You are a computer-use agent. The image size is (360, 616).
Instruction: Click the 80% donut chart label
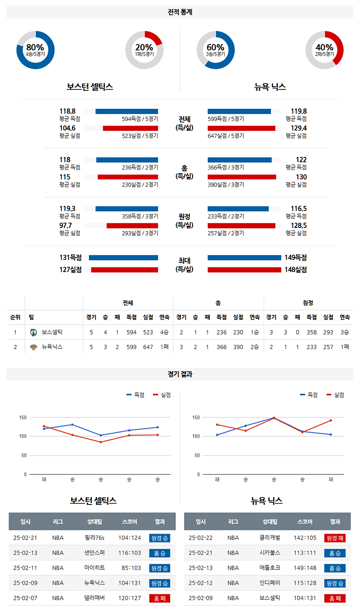(35, 48)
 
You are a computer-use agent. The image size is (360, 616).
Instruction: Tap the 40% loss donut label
(324, 48)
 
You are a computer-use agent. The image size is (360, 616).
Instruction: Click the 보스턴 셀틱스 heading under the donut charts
(90, 87)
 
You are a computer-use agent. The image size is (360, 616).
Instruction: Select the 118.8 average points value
(67, 111)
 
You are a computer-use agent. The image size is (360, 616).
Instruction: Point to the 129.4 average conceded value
(298, 128)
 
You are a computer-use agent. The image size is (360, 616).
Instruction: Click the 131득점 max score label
(70, 258)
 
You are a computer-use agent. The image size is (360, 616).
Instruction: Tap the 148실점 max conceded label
(296, 270)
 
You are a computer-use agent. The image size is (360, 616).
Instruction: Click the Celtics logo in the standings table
(33, 332)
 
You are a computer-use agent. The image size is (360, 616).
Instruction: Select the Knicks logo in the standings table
(33, 347)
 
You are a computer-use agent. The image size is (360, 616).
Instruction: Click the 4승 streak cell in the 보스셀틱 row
(164, 332)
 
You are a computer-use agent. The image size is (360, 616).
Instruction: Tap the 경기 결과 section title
(180, 374)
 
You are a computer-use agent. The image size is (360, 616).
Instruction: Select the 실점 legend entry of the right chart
(339, 395)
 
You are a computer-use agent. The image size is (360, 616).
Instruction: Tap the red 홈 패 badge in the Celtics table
(160, 598)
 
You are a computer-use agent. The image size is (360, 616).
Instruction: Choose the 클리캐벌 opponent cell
(270, 538)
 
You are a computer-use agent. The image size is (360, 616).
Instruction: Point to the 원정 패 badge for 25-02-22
(335, 538)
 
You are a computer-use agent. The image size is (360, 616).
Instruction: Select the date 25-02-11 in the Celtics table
(25, 568)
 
